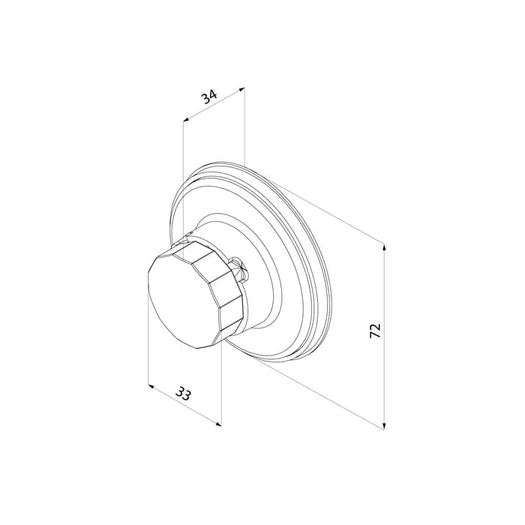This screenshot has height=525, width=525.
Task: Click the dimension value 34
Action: [x=209, y=97]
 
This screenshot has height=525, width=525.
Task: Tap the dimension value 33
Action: [x=184, y=394]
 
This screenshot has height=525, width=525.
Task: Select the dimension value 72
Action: [x=375, y=330]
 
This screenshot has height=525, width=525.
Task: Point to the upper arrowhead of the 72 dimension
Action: [x=384, y=247]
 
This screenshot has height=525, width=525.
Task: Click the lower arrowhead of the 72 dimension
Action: [x=384, y=425]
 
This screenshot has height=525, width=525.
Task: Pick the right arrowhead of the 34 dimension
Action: [x=241, y=89]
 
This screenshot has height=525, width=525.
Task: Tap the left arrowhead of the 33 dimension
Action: [x=151, y=387]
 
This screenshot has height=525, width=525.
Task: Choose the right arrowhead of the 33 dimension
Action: [x=218, y=424]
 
